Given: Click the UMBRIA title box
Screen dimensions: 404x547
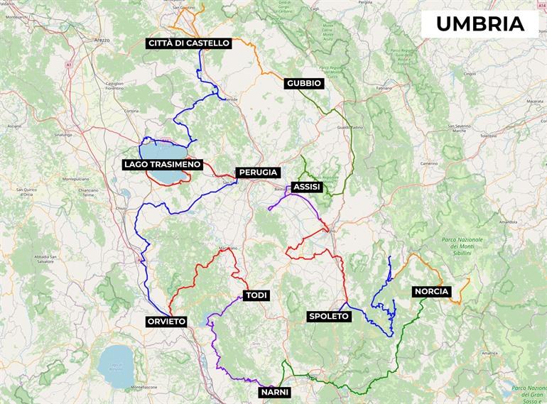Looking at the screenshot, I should click(480, 23).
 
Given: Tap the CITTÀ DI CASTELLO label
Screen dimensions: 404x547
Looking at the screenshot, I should click(189, 43).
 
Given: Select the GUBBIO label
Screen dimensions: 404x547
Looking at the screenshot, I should click(304, 84).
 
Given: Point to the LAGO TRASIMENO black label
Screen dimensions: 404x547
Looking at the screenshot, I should click(163, 165).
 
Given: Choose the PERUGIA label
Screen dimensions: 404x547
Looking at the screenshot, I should click(259, 173).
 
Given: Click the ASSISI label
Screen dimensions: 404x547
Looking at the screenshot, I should click(307, 187).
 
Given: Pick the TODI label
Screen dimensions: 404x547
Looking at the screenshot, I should click(256, 295).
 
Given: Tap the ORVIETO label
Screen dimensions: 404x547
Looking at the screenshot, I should click(166, 322).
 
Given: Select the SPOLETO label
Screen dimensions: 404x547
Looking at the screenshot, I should click(329, 317).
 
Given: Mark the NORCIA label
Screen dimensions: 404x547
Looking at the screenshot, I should click(431, 292).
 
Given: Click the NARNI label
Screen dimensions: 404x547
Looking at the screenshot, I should click(275, 391).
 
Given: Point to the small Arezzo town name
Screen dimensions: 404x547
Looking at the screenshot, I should click(102, 40).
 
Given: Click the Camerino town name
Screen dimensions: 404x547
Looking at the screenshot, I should click(429, 163).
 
